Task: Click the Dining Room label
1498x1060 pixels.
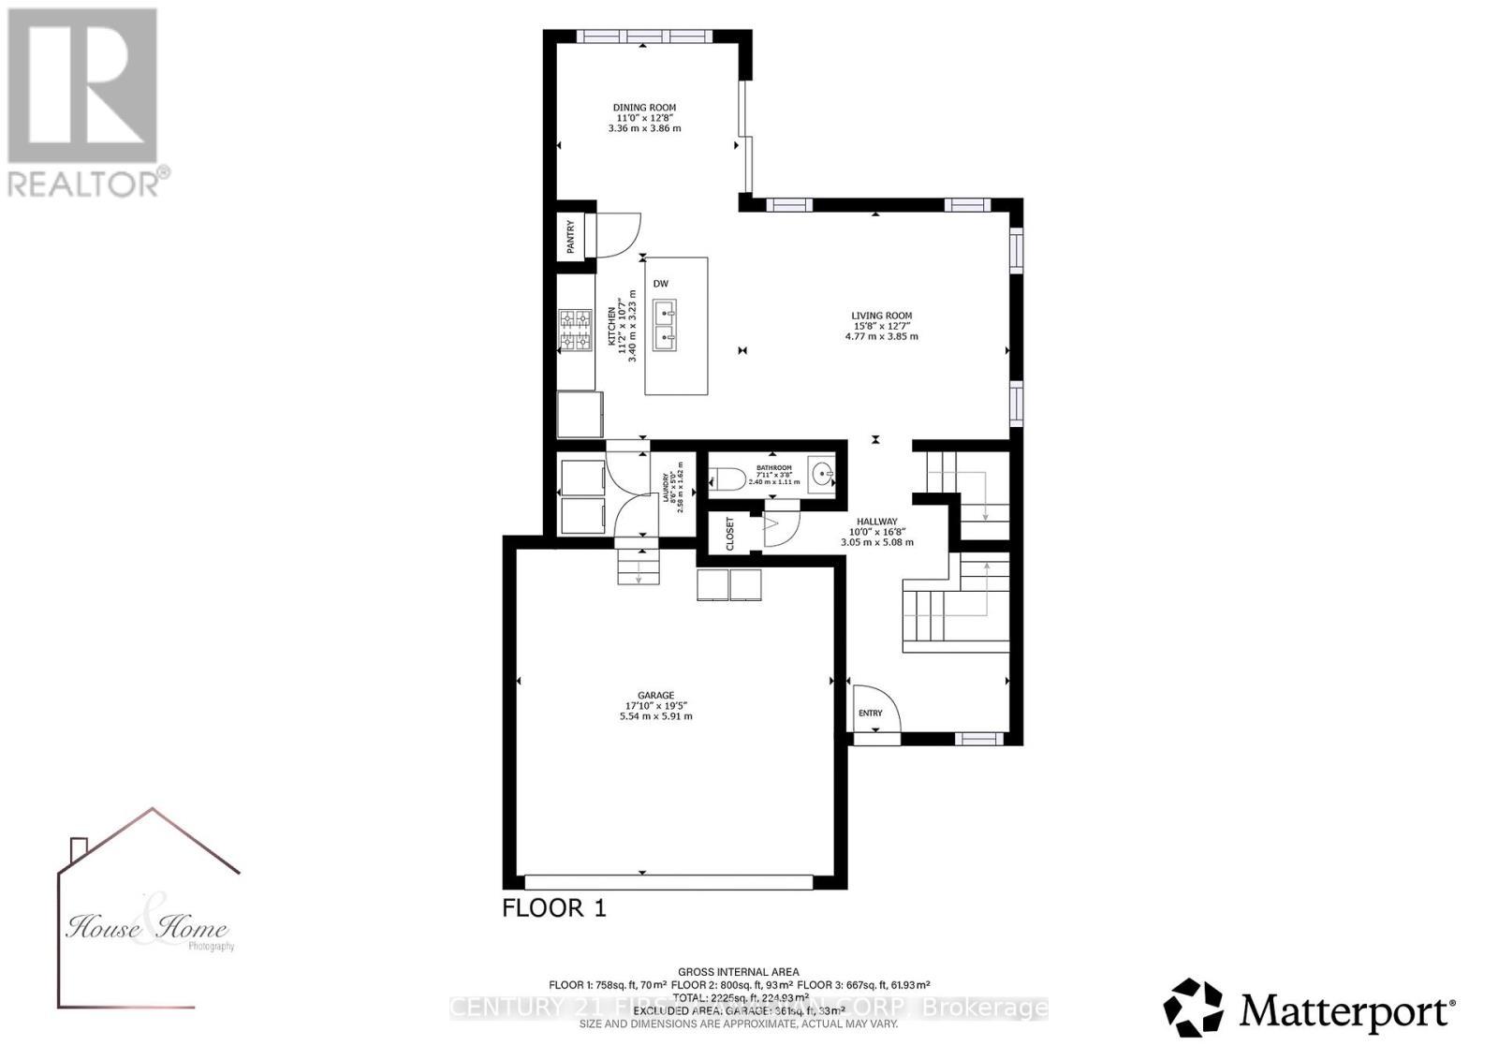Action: [x=644, y=108]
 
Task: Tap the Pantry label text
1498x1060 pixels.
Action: [x=570, y=236]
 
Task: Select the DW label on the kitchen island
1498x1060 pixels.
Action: [x=661, y=284]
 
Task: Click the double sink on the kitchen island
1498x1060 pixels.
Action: [x=667, y=325]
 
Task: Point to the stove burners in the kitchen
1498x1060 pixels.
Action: [x=576, y=331]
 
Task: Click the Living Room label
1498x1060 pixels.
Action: [x=881, y=316]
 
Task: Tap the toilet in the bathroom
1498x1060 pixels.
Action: [x=727, y=480]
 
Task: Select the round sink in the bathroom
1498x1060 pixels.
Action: [x=821, y=475]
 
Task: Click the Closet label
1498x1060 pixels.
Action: [x=730, y=534]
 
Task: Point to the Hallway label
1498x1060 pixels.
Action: [x=877, y=522]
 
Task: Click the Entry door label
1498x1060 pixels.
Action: [x=870, y=714]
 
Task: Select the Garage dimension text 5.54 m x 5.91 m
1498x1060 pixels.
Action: [x=655, y=716]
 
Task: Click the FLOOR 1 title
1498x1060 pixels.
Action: [x=554, y=907]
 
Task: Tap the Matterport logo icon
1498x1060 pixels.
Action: [x=1193, y=1008]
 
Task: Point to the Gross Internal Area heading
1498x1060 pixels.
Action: [x=739, y=972]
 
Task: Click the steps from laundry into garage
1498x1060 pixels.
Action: [x=638, y=566]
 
